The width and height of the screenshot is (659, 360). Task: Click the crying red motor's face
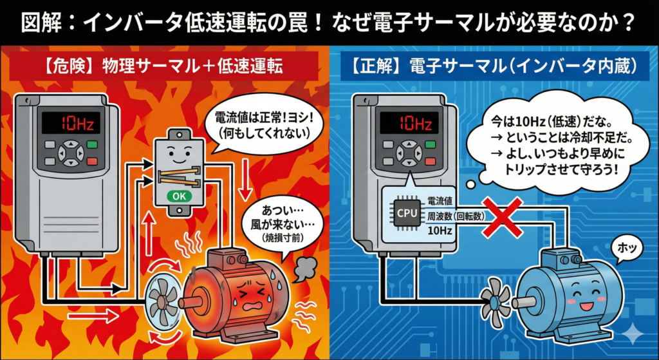pyautogui.click(x=248, y=290)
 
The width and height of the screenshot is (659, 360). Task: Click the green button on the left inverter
pyautogui.click(x=93, y=144)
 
